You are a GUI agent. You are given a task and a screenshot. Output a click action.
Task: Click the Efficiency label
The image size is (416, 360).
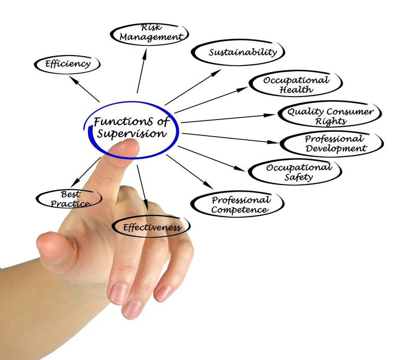tap(68, 64)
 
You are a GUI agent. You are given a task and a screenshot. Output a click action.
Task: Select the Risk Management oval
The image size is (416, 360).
tap(149, 34)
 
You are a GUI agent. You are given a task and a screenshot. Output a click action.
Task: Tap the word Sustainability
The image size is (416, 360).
tap(243, 52)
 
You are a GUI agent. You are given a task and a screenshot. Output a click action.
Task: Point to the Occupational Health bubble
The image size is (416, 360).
tap(296, 84)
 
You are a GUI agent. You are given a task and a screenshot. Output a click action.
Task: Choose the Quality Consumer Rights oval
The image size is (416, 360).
tap(330, 114)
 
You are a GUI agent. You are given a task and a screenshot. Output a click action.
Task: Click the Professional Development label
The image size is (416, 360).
tap(335, 143)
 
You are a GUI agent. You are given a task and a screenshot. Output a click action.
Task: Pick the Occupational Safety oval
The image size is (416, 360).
tap(295, 172)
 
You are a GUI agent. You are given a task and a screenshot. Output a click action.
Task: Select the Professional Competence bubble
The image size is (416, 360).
tap(238, 204)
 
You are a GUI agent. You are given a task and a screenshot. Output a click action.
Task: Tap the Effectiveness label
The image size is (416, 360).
tap(152, 228)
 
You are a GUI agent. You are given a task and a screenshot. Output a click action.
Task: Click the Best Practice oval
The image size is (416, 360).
tap(69, 199)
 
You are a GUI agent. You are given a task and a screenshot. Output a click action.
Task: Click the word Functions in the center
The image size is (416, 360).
tap(123, 122)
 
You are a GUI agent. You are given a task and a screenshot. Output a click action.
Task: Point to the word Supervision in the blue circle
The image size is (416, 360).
tap(132, 134)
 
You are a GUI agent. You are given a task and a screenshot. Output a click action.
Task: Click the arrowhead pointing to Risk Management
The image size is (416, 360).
tap(145, 52)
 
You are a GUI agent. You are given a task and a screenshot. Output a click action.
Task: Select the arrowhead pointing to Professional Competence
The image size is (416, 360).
tap(209, 185)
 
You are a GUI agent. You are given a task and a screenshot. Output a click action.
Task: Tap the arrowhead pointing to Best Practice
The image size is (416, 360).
tap(74, 182)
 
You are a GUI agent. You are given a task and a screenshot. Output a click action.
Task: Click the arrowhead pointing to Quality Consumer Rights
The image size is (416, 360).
tap(270, 115)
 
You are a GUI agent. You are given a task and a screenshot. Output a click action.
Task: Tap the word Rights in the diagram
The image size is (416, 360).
tap(331, 121)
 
